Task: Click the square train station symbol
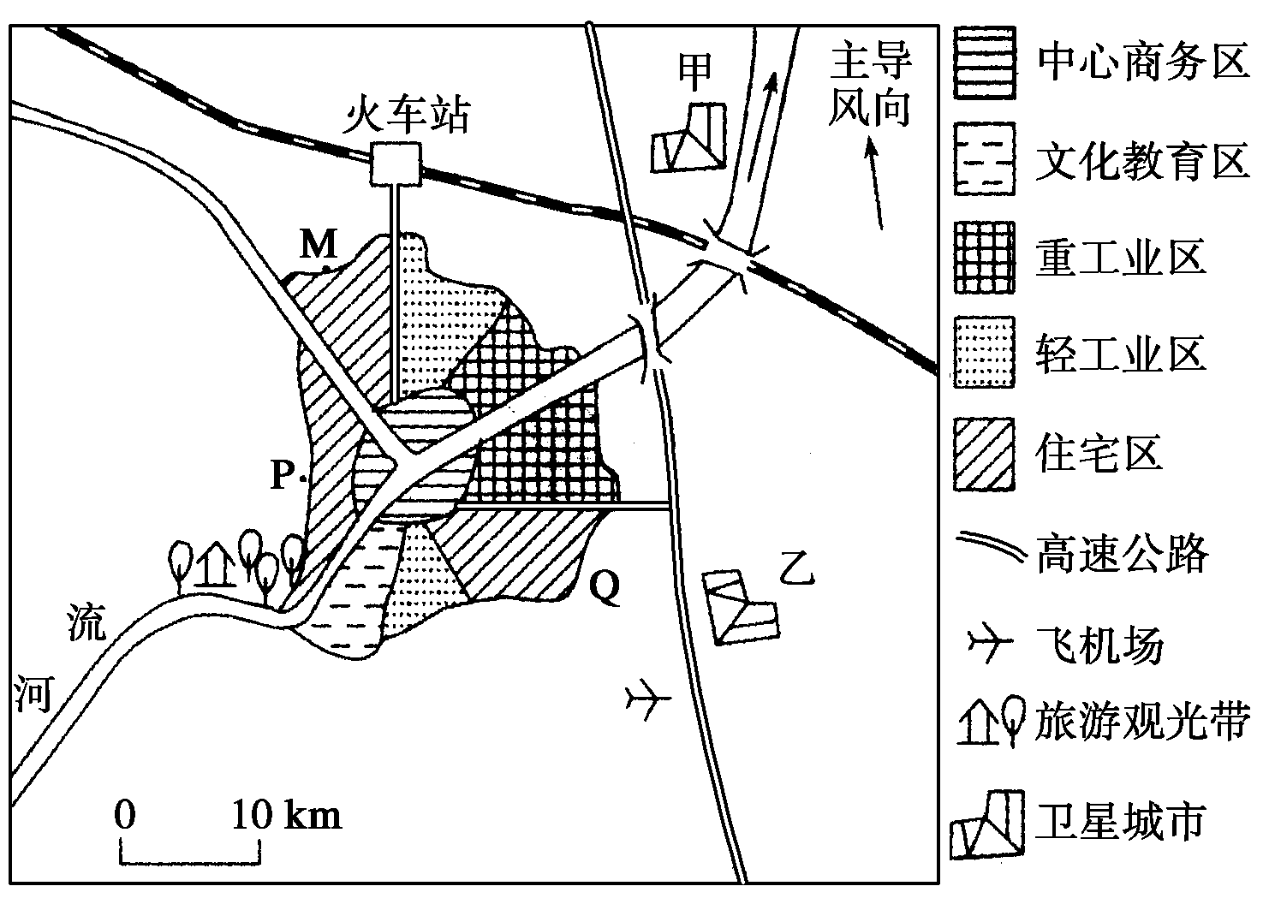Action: tap(396, 164)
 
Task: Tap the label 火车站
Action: tap(406, 114)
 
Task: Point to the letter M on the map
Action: tap(319, 243)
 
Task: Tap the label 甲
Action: tap(694, 72)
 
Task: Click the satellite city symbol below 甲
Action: tap(688, 138)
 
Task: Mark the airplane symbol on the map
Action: tap(647, 699)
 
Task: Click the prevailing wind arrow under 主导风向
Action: tap(874, 185)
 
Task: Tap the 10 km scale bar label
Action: tap(287, 816)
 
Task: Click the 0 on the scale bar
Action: tap(125, 816)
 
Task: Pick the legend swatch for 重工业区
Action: tap(984, 257)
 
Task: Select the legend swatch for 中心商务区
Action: tap(984, 62)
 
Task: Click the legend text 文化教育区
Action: tap(1142, 160)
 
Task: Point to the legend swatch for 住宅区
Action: tap(984, 454)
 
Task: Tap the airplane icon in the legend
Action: tap(989, 643)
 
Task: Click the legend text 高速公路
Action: tap(1123, 553)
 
